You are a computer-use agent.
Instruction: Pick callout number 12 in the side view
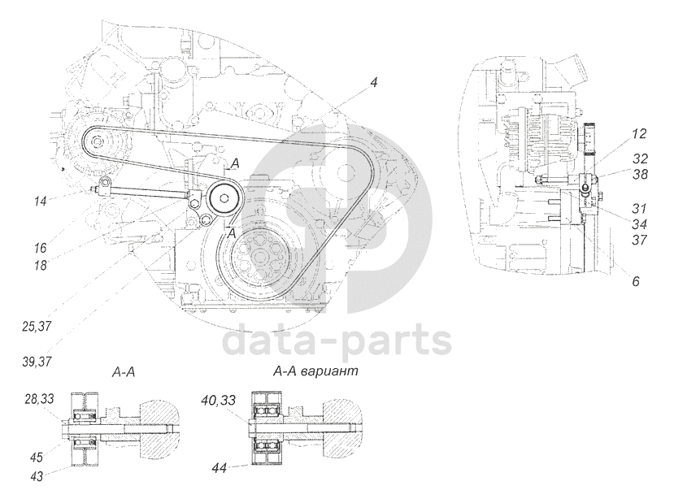638,132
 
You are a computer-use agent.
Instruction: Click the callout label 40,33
220,398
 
